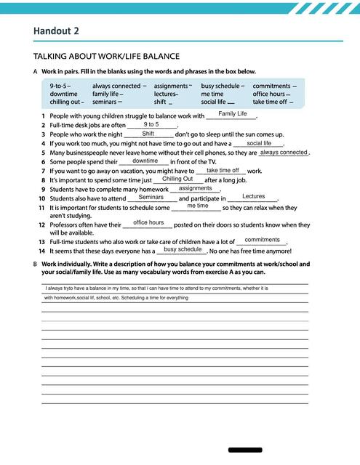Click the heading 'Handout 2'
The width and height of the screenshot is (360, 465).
coord(56,30)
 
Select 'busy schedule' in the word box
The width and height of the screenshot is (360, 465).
coord(221,86)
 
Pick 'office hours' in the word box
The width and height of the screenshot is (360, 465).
coord(268,94)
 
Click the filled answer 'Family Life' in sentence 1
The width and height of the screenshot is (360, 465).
coord(233,114)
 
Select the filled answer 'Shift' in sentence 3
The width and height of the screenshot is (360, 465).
coord(148,134)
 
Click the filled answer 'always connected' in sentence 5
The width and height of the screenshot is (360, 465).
coord(283,153)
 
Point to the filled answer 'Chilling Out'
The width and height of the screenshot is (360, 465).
coord(177,179)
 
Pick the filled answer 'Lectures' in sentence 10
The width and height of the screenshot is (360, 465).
coord(253,196)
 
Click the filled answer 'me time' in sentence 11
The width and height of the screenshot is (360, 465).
coord(197,206)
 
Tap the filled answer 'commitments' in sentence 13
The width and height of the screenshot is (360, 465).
coord(263,239)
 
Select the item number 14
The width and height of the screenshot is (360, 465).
coord(42,250)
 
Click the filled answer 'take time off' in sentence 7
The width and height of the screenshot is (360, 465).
coord(223,170)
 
